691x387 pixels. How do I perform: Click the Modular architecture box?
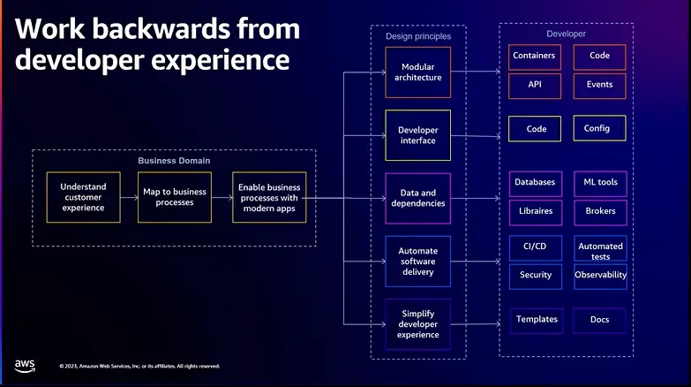[417, 72]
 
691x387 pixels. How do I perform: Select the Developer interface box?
[417, 135]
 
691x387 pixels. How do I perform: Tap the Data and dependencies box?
[417, 198]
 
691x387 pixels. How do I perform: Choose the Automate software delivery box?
[417, 262]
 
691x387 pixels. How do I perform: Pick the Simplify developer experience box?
[417, 324]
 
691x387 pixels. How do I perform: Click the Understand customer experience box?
[83, 197]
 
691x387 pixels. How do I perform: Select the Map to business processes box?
[175, 197]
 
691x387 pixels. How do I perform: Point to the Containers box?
[535, 57]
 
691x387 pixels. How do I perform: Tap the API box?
[535, 86]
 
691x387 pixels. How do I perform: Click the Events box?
[599, 86]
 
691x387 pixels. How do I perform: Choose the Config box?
[599, 128]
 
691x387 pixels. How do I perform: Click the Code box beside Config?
[535, 128]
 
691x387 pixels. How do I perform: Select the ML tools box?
[600, 184]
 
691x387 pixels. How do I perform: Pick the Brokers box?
[600, 213]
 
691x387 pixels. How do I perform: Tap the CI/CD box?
[536, 248]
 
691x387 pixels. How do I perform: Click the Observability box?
[600, 277]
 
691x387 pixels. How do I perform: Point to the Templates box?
[537, 321]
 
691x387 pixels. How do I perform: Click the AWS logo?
[25, 366]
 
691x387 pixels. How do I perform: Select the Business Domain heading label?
[174, 161]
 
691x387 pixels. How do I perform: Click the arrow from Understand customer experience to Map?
[129, 197]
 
